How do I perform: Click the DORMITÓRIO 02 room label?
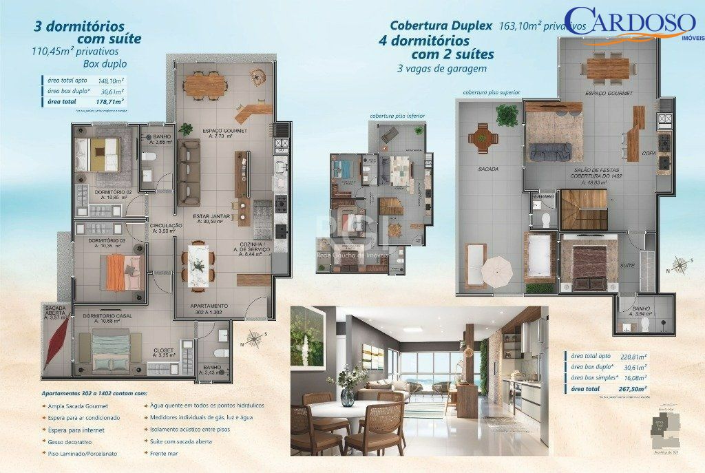point(114,193)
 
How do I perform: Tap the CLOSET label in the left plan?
point(164,350)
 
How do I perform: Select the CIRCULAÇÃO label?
point(166,226)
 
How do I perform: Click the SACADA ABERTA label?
point(55,311)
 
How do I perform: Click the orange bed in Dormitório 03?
point(116,271)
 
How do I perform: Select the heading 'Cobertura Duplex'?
point(441,25)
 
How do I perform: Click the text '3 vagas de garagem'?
point(442,68)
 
